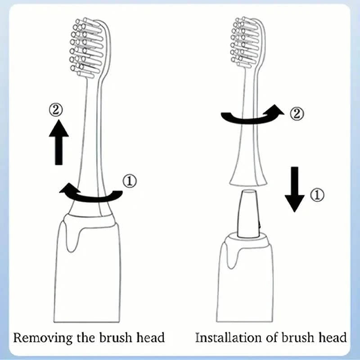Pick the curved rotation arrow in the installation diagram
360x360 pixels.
point(252,117)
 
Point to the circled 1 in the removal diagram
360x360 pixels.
point(130,181)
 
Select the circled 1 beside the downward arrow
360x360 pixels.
point(317,194)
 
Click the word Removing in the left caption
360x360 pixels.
point(41,337)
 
